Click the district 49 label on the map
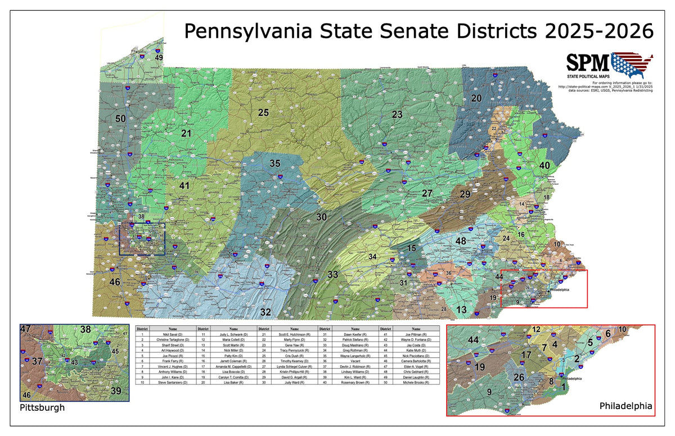(x=159, y=57)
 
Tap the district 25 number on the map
(x=263, y=112)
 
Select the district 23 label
(x=397, y=115)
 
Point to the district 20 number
(x=476, y=98)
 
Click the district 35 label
(x=274, y=163)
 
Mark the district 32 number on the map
(x=265, y=312)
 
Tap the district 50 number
(x=120, y=119)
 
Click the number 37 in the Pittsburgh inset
(x=37, y=361)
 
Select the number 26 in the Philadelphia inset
(x=519, y=377)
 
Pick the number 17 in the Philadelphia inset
(x=526, y=355)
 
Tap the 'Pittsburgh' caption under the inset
(x=42, y=407)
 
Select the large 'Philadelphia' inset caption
(x=625, y=405)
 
